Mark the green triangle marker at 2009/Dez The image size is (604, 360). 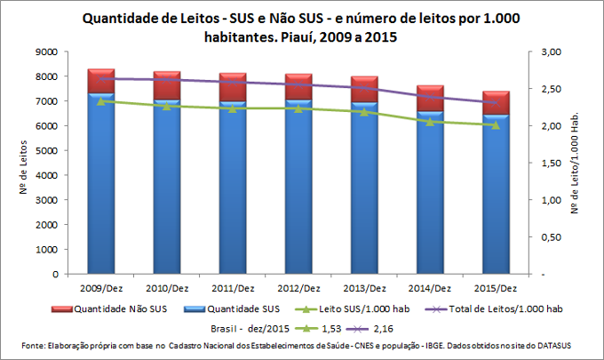(100, 101)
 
